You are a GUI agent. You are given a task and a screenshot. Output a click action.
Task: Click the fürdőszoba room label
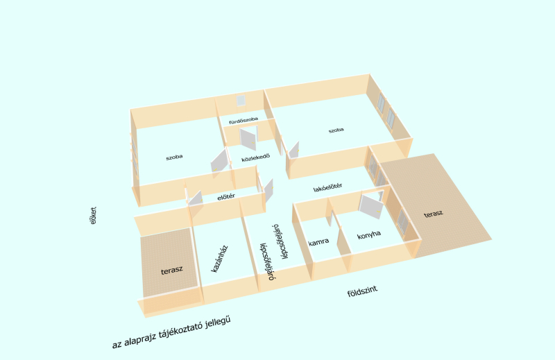(244, 121)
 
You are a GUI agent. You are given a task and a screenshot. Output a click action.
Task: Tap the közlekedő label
(255, 157)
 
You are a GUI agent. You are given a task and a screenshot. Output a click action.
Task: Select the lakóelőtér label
(327, 187)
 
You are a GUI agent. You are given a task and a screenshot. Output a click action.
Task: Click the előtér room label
(226, 197)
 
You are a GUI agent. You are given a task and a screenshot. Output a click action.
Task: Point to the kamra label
(318, 242)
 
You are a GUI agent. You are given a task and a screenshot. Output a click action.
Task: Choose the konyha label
(369, 234)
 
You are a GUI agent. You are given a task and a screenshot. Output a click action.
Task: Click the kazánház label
(219, 259)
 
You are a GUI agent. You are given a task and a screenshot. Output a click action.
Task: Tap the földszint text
(362, 291)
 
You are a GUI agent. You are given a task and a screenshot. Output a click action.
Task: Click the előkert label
(93, 216)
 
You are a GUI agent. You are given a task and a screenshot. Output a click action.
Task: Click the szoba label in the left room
(174, 157)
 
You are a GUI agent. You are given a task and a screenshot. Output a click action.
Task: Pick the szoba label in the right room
(336, 130)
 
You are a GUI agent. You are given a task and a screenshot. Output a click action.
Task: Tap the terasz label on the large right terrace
(433, 214)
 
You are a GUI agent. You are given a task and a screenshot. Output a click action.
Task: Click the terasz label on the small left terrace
(171, 271)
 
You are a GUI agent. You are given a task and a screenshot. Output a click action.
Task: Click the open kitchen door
(371, 206)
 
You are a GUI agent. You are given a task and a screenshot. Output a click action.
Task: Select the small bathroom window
(241, 101)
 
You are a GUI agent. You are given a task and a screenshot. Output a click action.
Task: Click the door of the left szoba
(219, 164)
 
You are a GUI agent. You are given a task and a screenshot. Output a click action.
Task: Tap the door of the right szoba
(293, 150)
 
